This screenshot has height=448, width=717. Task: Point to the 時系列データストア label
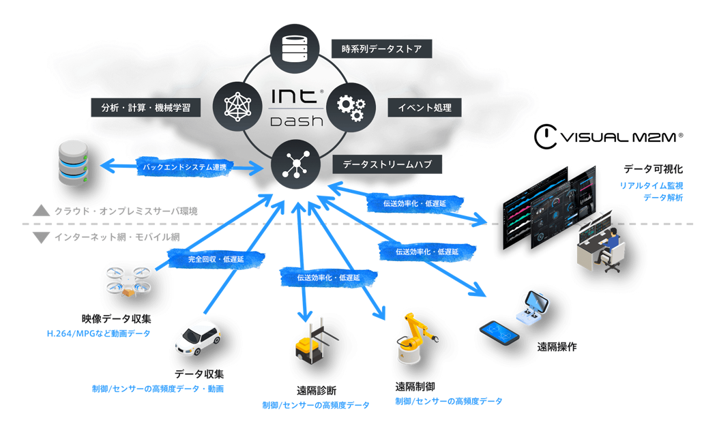(x=381, y=49)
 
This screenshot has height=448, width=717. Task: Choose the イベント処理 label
(x=420, y=108)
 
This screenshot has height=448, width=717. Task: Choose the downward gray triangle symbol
(x=42, y=237)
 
